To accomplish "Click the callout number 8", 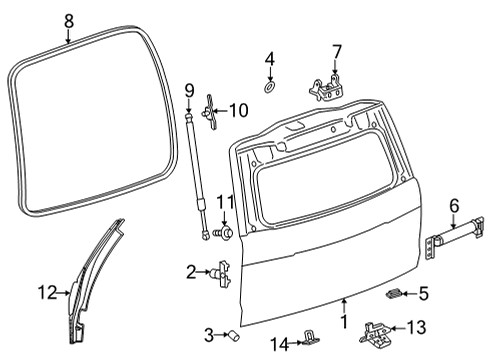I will (68, 19).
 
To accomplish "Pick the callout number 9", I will (187, 90).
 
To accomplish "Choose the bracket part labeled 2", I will (223, 272).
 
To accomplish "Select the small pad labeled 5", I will (394, 294).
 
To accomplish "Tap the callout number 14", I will (280, 345).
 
